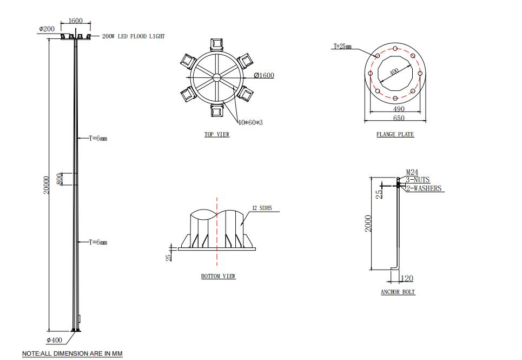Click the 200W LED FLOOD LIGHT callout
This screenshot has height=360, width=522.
(133, 36)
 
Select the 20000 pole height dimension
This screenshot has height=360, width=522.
(47, 184)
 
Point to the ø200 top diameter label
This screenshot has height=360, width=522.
(47, 29)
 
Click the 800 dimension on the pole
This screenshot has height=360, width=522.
(60, 179)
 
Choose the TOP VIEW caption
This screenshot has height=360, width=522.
(216, 134)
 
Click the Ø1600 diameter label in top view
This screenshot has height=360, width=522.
(263, 75)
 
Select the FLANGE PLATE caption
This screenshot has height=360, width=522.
(395, 134)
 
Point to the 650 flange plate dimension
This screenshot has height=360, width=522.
(398, 118)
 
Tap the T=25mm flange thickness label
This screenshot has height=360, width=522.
(342, 47)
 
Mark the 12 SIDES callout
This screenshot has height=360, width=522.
(262, 208)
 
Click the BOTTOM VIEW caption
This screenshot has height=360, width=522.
(218, 276)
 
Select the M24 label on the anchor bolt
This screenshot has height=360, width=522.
(412, 173)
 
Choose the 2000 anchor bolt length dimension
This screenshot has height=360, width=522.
(368, 223)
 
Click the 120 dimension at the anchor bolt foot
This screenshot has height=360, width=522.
(407, 278)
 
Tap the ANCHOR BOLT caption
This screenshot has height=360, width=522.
(398, 292)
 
